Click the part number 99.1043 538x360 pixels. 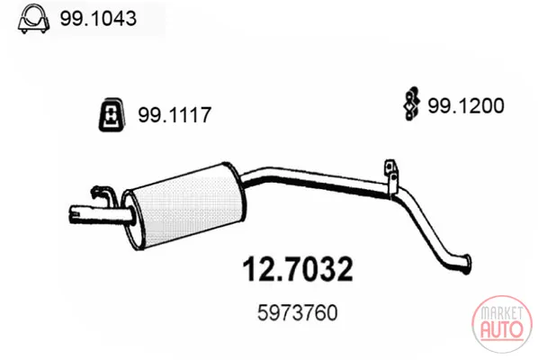[98, 18]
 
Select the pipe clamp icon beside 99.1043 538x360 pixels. [33, 20]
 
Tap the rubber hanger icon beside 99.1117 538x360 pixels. [112, 115]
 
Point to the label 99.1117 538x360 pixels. [175, 114]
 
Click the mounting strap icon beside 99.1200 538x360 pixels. [411, 103]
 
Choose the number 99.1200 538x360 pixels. [466, 105]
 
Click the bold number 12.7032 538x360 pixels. [298, 269]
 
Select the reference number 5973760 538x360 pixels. [298, 312]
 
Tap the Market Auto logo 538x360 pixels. [502, 324]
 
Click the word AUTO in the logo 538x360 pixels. [502, 329]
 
